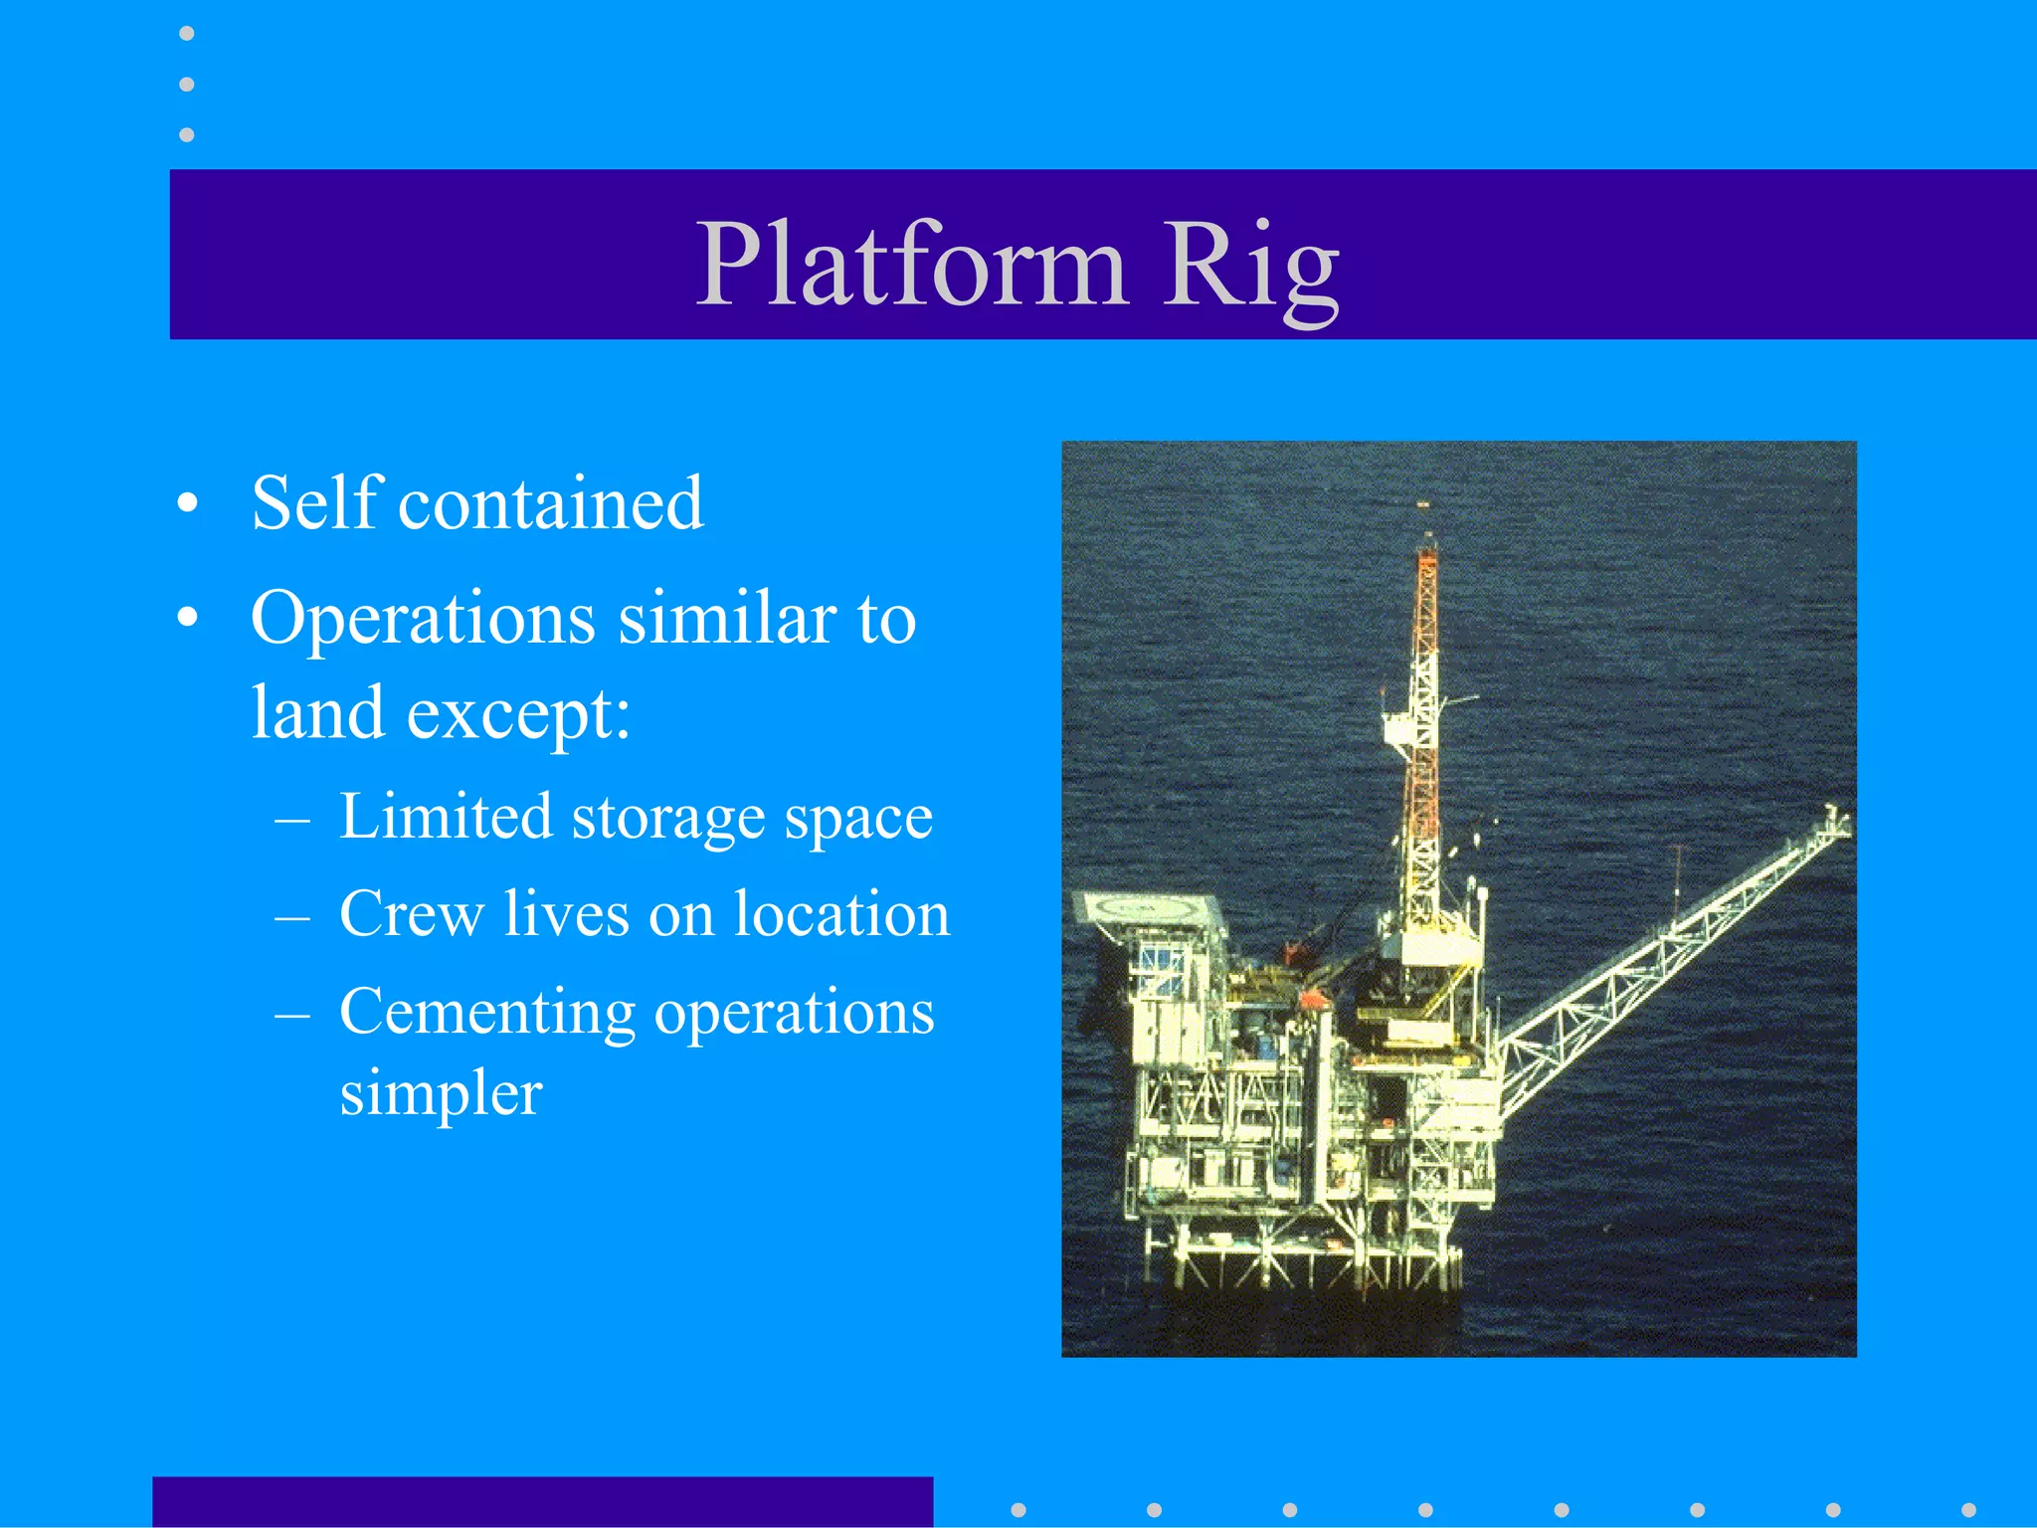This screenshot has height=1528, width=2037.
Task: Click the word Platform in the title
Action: coord(911,265)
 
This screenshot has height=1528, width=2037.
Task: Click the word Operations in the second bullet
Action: coord(423,619)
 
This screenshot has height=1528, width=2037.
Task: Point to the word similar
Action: coord(727,619)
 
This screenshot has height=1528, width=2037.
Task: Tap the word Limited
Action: coord(445,817)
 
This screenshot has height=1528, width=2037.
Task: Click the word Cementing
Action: coord(486,1013)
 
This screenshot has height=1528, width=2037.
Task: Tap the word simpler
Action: coord(441,1094)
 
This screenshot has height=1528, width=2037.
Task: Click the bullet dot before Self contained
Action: coord(187,505)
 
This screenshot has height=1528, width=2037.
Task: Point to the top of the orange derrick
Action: coord(1425,542)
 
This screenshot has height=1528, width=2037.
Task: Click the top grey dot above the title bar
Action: coord(186,34)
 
